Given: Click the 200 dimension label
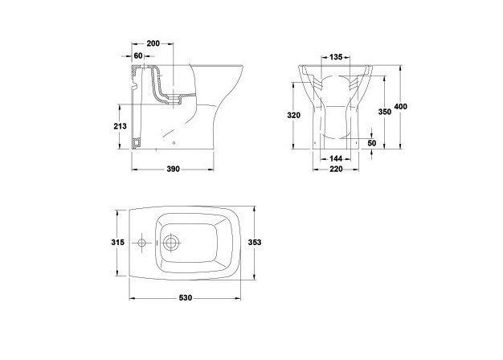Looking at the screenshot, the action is [153, 43].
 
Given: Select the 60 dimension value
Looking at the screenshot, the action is [138, 55].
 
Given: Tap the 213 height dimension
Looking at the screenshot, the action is [120, 126].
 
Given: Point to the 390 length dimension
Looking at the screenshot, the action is [173, 169].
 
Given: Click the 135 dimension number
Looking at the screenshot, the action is [336, 57].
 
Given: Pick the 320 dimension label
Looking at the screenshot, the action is [293, 115].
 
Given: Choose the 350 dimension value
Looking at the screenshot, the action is [385, 112].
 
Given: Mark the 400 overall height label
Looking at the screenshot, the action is [401, 107].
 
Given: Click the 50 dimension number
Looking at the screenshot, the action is [372, 143].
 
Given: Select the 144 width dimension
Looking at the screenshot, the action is [336, 158].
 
